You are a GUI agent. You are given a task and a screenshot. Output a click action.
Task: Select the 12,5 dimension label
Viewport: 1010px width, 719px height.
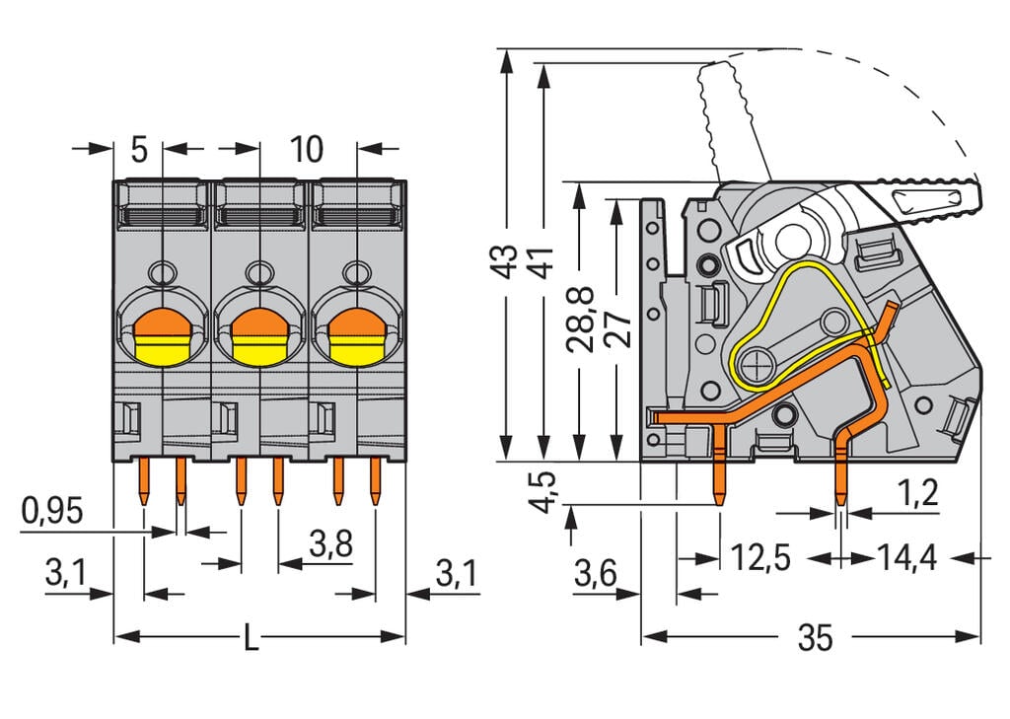tap(760, 558)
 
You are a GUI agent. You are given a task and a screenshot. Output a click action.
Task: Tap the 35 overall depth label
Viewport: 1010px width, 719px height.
tap(815, 638)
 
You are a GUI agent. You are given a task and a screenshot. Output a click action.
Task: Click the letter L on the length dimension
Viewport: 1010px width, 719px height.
tap(252, 638)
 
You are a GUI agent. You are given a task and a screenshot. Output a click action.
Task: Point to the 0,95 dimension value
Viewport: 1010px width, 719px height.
tap(51, 510)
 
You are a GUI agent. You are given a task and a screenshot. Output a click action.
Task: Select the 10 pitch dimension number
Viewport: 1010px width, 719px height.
tap(306, 150)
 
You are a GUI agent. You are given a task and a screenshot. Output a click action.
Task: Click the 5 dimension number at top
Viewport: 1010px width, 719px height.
tap(139, 150)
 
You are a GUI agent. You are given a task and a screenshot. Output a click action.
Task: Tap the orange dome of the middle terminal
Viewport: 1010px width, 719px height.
tap(258, 322)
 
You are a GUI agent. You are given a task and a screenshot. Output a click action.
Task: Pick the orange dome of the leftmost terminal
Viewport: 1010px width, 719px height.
tap(160, 322)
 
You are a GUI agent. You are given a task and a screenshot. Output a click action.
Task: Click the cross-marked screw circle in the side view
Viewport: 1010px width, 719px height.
tap(757, 364)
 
